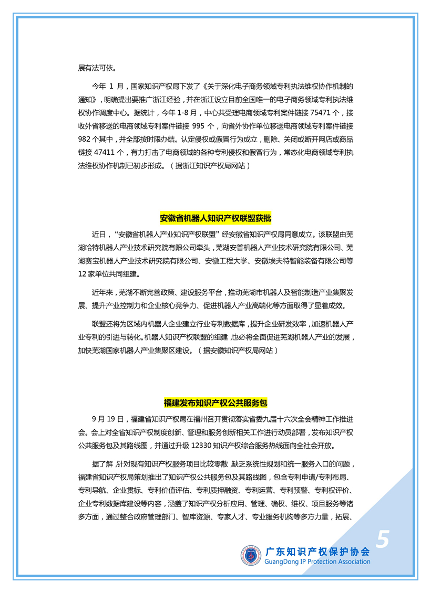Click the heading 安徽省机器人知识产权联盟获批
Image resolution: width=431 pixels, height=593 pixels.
tap(215, 218)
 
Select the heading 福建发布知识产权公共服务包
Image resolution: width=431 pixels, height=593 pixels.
tap(215, 403)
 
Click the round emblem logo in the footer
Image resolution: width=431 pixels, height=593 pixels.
tap(251, 556)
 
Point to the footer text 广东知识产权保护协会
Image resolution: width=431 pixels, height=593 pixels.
tap(317, 552)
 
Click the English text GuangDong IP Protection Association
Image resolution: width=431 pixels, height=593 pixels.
tap(317, 562)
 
